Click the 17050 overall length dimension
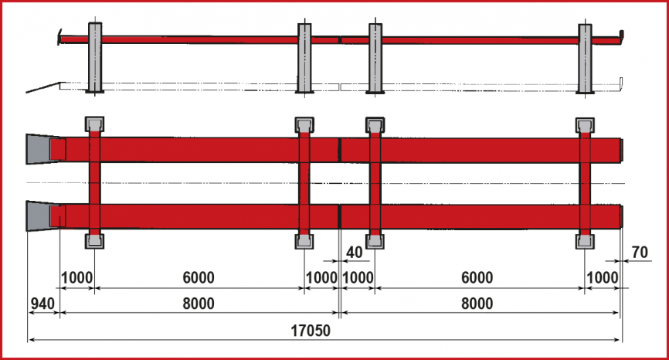[x=311, y=331]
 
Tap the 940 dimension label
[x=42, y=304]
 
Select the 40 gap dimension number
[x=354, y=253]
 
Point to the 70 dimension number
[x=640, y=253]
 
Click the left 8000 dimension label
[x=199, y=304]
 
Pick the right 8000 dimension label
[x=477, y=304]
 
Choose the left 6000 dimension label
[x=199, y=277]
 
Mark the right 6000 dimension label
[x=477, y=277]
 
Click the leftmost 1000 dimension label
[x=76, y=277]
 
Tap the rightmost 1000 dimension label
[x=602, y=277]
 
